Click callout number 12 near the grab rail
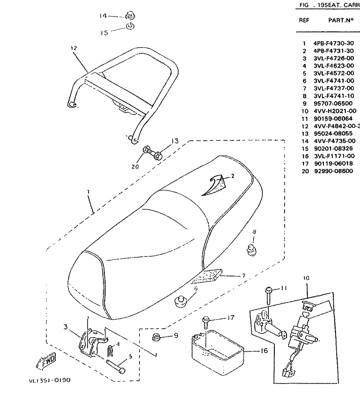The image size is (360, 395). tap(73, 48)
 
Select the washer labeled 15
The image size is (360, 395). tap(130, 27)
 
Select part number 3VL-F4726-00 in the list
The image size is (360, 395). tap(333, 58)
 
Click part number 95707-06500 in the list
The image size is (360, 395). tap(333, 104)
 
